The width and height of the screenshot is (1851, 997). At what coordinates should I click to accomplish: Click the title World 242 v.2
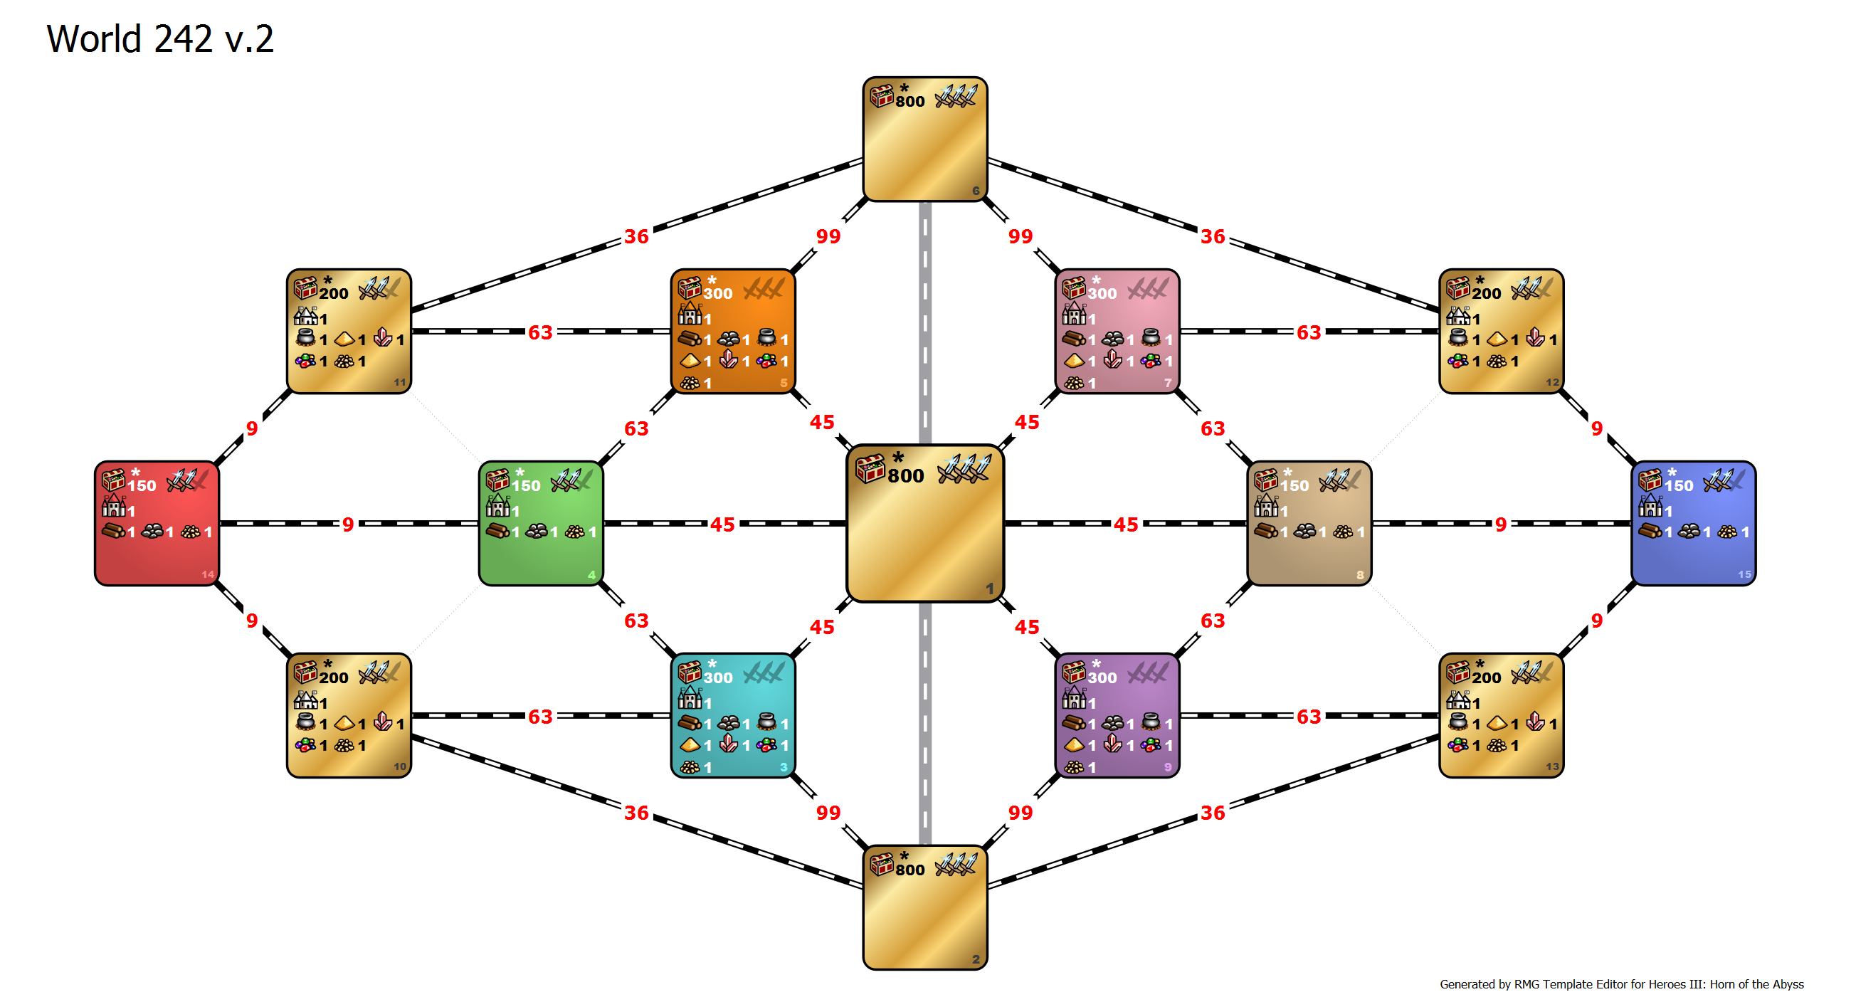pyautogui.click(x=160, y=39)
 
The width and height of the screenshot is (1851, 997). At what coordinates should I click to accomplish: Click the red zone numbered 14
pyautogui.click(x=157, y=523)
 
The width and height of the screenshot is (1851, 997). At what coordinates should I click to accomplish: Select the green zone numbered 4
pyautogui.click(x=541, y=523)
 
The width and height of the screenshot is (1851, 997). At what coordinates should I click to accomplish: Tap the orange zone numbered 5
pyautogui.click(x=733, y=331)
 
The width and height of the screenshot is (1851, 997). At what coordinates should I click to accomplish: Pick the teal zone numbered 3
pyautogui.click(x=733, y=715)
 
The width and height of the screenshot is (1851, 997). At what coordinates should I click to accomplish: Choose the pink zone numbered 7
pyautogui.click(x=1117, y=331)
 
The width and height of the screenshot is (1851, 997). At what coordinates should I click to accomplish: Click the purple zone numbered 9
pyautogui.click(x=1117, y=715)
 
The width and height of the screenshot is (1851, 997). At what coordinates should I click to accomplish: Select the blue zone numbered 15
pyautogui.click(x=1694, y=523)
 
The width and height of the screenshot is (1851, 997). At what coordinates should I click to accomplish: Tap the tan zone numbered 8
pyautogui.click(x=1309, y=523)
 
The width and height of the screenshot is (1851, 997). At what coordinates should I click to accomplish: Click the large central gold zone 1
pyautogui.click(x=925, y=523)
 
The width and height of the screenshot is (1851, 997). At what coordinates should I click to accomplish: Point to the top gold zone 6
pyautogui.click(x=925, y=139)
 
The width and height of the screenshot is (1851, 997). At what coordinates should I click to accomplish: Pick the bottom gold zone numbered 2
pyautogui.click(x=925, y=907)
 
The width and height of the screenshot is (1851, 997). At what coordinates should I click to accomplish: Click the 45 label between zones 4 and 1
pyautogui.click(x=722, y=524)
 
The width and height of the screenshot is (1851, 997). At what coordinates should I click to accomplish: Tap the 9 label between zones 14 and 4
pyautogui.click(x=348, y=524)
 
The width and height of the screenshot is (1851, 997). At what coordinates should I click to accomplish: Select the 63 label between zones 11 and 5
pyautogui.click(x=540, y=332)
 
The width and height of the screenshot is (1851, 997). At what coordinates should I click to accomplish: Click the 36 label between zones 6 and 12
pyautogui.click(x=1213, y=236)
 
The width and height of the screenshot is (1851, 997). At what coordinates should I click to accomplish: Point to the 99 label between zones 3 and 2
pyautogui.click(x=828, y=813)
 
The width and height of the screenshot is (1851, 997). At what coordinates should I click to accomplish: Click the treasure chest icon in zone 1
pyautogui.click(x=870, y=468)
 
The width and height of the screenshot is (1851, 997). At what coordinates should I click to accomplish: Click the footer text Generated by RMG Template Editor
pyautogui.click(x=1622, y=984)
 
